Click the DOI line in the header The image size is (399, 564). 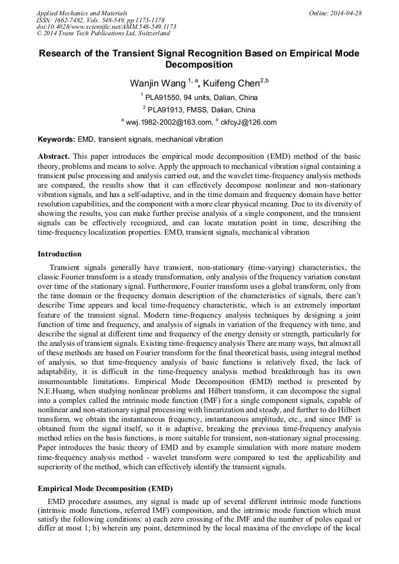coord(106,26)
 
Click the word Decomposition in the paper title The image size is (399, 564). coord(199,65)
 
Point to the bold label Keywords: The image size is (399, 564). coord(56,139)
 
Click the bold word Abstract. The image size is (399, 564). coord(54,157)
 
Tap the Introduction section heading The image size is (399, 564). coord(59,254)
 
